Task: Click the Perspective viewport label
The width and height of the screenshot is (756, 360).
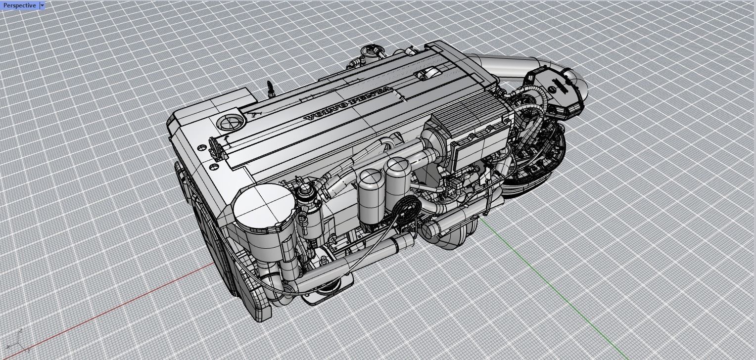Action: point(19,5)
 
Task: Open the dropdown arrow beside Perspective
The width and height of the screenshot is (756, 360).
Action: point(42,5)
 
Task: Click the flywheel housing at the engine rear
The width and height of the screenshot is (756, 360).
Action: point(539,158)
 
